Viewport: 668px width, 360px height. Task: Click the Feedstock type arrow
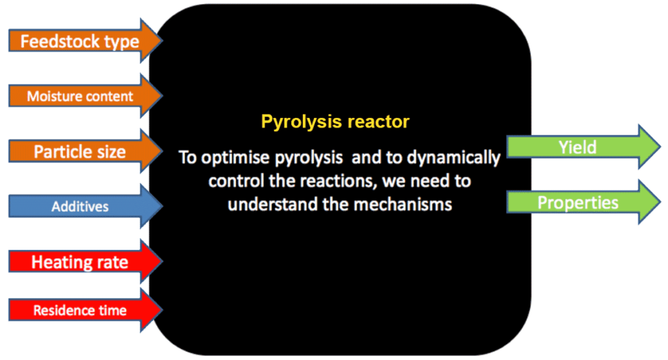click(85, 41)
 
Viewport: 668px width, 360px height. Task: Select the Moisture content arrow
click(85, 95)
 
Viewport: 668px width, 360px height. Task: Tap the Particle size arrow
click(85, 151)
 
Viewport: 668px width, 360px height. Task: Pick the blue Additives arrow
click(85, 206)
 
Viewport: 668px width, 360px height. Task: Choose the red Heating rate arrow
click(85, 261)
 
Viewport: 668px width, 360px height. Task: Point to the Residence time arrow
click(85, 309)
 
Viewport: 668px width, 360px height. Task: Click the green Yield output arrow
click(584, 147)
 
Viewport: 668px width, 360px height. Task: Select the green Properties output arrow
click(584, 202)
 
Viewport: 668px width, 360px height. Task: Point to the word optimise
click(235, 158)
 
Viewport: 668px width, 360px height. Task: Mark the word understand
click(272, 204)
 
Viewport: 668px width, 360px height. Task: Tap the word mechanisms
click(403, 204)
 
